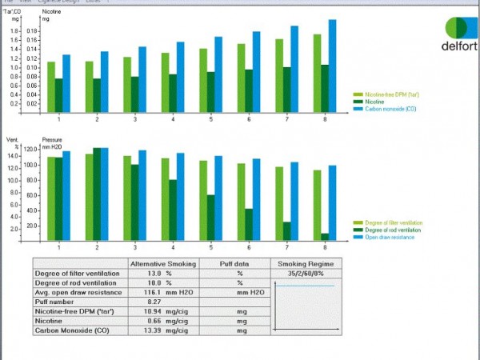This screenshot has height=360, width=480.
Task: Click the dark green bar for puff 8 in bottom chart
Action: [325, 236]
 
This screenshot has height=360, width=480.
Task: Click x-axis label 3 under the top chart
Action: [134, 119]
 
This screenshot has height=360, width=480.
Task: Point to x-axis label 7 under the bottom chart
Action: [287, 247]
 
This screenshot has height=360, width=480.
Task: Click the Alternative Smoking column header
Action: [162, 263]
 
